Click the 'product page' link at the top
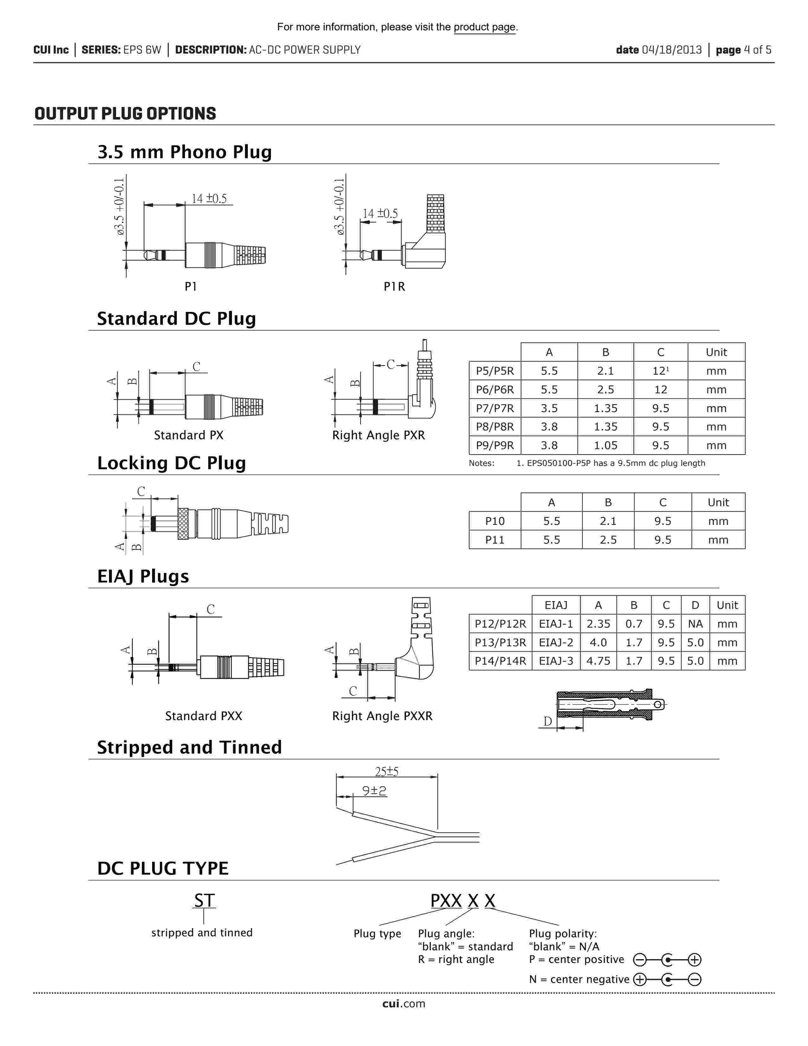coord(484,27)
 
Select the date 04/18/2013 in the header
coord(671,50)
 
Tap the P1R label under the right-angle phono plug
coord(394,287)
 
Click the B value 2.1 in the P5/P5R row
coord(605,371)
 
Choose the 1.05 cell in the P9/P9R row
coord(605,445)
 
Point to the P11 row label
coord(495,540)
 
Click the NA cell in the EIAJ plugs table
coord(695,623)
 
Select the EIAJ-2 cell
coord(556,642)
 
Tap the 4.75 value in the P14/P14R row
coord(598,661)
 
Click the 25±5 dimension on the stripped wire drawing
coord(386,772)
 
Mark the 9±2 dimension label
coord(374,791)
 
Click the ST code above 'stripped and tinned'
coord(204,901)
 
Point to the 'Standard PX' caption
coord(189,435)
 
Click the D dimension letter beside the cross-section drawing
coord(548,721)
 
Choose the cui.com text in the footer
coord(403,1004)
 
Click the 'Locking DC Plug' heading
coord(171,463)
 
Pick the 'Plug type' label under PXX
coord(377,933)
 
